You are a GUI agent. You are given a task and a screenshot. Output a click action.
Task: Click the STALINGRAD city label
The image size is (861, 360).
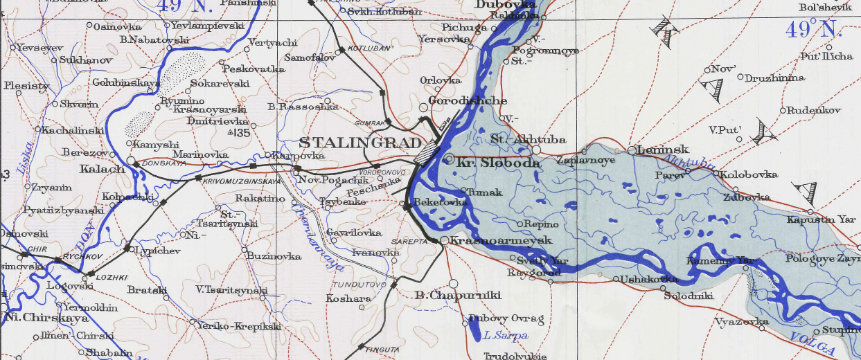pos(360,143)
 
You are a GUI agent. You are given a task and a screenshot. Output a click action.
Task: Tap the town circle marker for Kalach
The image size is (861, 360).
pos(132,161)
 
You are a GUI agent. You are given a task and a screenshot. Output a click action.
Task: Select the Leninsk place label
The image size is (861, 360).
pos(662,150)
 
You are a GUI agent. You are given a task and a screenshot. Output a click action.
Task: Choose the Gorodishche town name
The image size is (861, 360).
pos(468,101)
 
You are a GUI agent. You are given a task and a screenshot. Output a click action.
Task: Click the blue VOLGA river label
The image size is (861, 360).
pos(809,339)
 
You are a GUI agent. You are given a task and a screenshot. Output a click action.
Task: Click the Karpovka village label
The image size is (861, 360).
pos(289,155)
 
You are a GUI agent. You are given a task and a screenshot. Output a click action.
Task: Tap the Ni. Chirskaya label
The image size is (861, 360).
pos(47,318)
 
